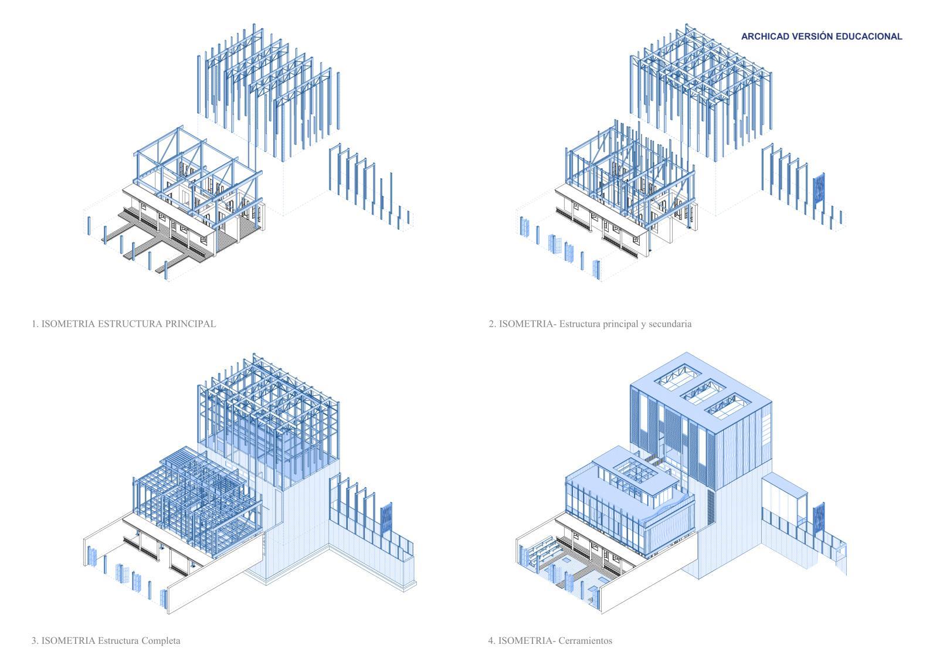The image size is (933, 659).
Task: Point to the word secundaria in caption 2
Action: point(671,323)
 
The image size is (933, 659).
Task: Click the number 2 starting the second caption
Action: point(491,323)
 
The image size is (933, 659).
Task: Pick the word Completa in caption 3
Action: point(161,640)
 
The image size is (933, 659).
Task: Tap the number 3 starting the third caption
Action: point(34,640)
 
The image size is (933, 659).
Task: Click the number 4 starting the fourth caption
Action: point(491,640)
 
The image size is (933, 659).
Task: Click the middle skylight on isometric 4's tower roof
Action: point(702,391)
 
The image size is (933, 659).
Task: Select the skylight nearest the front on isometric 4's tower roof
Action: point(727,409)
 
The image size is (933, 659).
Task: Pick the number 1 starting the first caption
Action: point(34,323)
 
